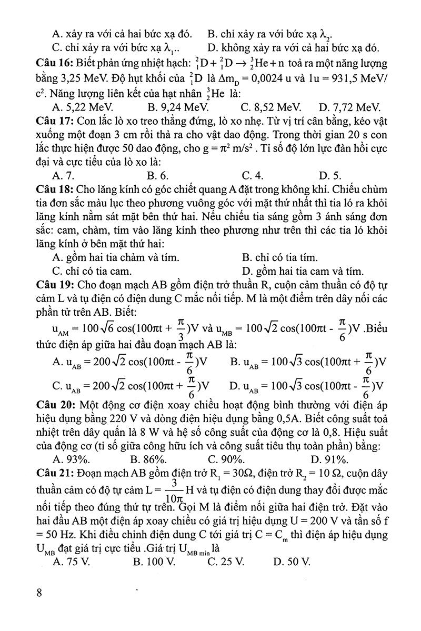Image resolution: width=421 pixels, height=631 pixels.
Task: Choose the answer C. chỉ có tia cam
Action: [92, 271]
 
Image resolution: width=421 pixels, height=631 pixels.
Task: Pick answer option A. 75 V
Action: [72, 561]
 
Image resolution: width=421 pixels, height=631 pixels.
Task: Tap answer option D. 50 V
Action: [292, 561]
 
